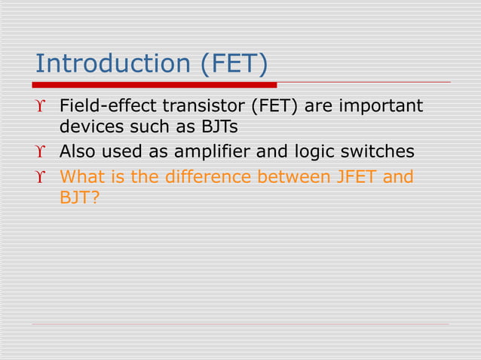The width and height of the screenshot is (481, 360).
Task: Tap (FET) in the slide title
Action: [233, 63]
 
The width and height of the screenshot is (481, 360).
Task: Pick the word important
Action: [381, 105]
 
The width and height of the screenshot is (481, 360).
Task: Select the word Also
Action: [77, 152]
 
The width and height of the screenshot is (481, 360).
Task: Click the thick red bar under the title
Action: [155, 84]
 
